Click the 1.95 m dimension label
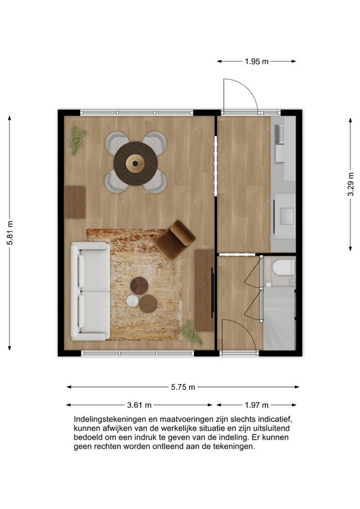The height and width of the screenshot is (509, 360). click(256, 61)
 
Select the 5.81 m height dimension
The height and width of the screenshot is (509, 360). click(10, 233)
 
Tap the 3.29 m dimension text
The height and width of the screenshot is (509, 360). click(350, 184)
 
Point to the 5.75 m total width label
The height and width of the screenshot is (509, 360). click(183, 387)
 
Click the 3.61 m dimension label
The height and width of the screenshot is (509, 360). click(139, 405)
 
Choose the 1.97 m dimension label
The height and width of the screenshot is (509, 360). click(256, 405)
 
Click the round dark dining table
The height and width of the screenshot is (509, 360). click(135, 164)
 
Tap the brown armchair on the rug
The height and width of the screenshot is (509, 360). click(176, 240)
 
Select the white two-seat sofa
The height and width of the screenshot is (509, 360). click(90, 291)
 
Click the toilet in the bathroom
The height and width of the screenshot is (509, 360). click(284, 267)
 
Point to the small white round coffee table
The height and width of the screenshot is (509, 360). click(132, 300)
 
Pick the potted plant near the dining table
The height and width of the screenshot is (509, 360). click(78, 140)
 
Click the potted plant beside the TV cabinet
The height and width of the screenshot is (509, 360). click(191, 332)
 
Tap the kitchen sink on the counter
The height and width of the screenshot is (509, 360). click(280, 134)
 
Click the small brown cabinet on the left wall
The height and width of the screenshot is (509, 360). click(74, 202)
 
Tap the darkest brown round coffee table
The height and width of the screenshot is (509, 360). click(139, 286)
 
